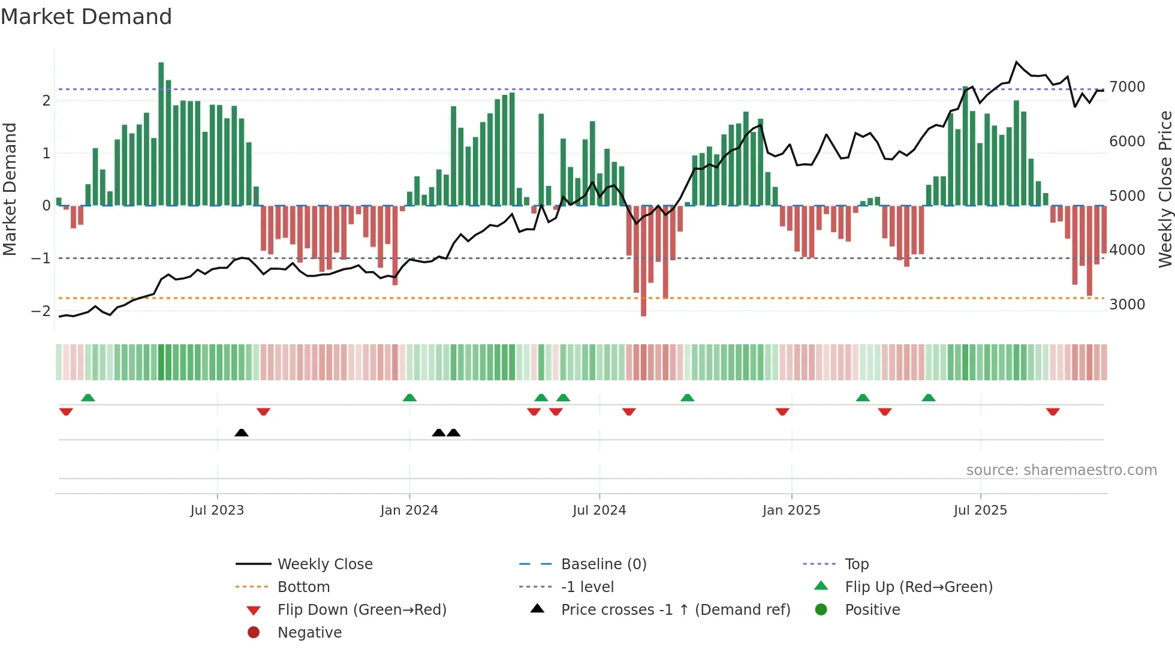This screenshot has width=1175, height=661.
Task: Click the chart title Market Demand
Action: point(86,17)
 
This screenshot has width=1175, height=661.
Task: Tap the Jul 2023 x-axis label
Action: point(217,510)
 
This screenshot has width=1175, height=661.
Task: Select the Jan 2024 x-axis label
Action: point(409,510)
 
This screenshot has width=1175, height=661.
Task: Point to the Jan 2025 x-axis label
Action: point(791,510)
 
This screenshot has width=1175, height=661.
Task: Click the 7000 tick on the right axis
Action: point(1127,87)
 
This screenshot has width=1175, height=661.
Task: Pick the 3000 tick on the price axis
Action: point(1127,305)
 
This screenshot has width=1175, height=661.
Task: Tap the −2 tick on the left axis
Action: point(41,311)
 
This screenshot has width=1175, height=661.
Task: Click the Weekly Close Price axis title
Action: point(1165,189)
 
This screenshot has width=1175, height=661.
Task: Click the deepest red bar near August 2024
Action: point(643,264)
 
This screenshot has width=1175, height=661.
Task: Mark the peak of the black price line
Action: point(1017,62)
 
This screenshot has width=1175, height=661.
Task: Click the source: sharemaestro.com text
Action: point(1061,470)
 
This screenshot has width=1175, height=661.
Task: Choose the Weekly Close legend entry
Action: point(324,564)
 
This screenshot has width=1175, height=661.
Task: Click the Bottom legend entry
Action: point(303,587)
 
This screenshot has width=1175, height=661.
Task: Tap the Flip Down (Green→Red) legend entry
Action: point(361,610)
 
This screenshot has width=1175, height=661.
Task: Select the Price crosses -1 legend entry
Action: point(675,610)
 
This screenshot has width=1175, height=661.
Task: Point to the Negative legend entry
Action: point(309,633)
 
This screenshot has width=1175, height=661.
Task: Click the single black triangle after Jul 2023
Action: point(242,432)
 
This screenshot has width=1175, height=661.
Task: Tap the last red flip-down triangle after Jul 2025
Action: point(1053,411)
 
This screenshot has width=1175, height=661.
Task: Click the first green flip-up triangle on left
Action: point(88,398)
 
